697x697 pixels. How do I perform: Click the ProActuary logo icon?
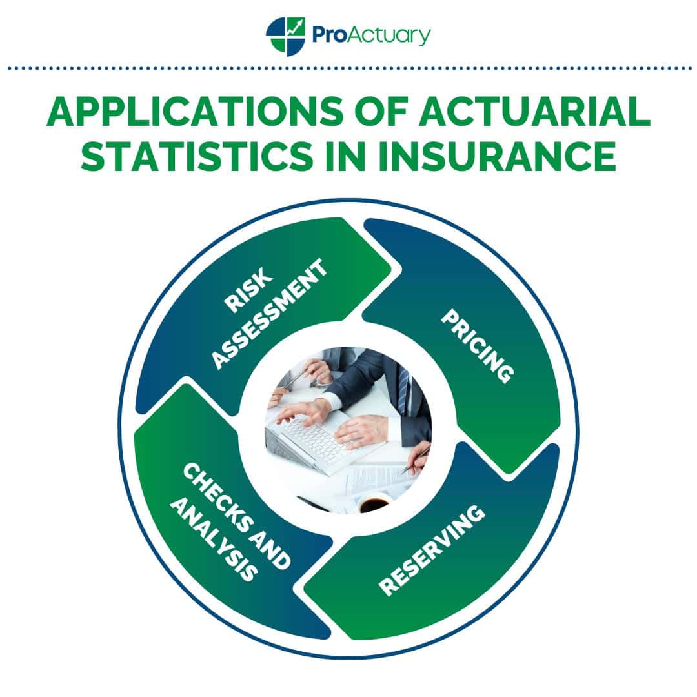point(285,36)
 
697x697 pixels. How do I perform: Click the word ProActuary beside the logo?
point(371,35)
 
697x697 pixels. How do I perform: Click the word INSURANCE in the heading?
point(497,156)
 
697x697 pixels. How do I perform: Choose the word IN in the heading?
point(345,156)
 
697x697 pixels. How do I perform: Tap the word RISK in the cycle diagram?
point(248,289)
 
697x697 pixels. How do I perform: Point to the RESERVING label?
point(432,550)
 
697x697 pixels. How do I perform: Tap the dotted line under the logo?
point(349,68)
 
